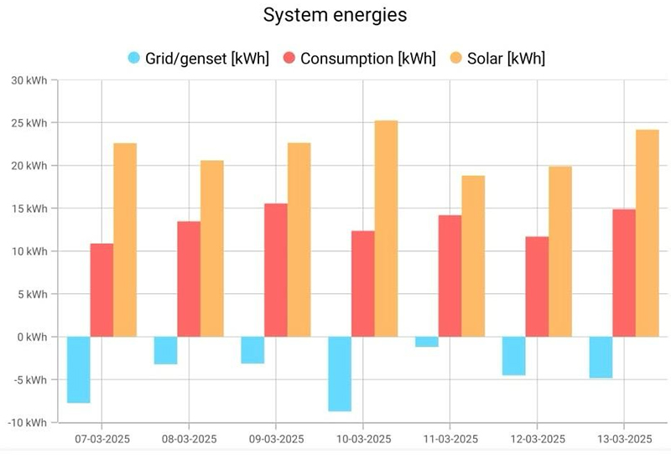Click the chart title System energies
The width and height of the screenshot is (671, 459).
[x=335, y=16]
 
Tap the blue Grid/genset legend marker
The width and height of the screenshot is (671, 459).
[x=134, y=58]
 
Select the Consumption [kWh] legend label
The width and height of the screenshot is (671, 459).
[x=368, y=58]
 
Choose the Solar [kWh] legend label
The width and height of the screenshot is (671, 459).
[x=508, y=58]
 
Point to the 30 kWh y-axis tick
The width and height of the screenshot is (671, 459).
[x=29, y=80]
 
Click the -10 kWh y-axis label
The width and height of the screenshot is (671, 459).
[x=28, y=423]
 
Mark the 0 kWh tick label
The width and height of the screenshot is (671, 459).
[x=32, y=337]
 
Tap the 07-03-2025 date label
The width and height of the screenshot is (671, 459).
[x=101, y=439]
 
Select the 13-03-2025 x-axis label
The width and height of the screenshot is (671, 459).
[x=624, y=439]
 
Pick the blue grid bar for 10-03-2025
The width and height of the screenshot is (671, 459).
[x=340, y=374]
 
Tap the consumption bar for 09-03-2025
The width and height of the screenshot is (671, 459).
[x=276, y=270]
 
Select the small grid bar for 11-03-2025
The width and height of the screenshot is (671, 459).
[x=427, y=342]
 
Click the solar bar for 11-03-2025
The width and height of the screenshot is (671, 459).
[x=473, y=256]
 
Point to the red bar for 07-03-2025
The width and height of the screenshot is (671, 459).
[x=101, y=290]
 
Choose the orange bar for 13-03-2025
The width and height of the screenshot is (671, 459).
[x=647, y=233]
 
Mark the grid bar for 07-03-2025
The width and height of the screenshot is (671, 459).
[x=79, y=369]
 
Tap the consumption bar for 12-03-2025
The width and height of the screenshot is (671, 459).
[x=537, y=286]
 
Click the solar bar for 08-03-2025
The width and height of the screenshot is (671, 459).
[x=212, y=249]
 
